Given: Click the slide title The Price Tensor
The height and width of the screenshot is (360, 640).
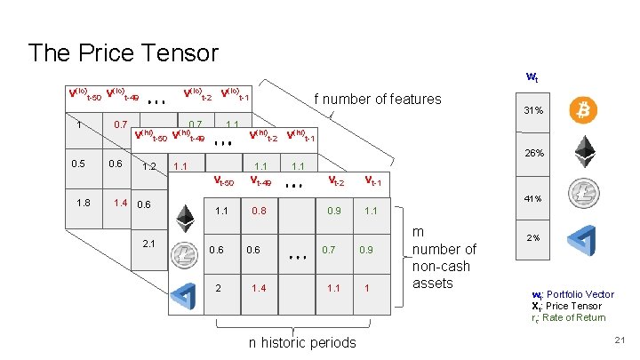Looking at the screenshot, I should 123,52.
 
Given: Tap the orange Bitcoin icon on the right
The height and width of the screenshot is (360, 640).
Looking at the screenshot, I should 583,109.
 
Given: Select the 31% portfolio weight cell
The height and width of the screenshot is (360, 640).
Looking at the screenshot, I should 533,110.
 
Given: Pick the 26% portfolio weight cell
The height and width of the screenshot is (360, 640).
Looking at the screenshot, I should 534,153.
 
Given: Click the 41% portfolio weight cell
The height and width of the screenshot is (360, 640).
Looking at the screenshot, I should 533,198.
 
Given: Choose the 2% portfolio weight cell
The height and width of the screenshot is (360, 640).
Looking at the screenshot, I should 533,238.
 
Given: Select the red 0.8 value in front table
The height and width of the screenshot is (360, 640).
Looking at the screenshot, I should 259,212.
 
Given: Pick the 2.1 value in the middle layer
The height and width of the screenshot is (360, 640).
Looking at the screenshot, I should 149,244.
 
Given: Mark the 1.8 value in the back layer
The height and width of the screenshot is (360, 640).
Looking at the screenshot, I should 83,203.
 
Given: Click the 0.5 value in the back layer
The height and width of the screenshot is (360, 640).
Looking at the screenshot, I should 80,164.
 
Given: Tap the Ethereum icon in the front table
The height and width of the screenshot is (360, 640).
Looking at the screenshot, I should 184,218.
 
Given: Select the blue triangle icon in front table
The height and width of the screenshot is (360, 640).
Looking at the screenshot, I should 184,292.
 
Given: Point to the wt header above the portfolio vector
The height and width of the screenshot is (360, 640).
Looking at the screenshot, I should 533,77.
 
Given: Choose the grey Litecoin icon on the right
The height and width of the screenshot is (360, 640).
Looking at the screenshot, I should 583,194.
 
